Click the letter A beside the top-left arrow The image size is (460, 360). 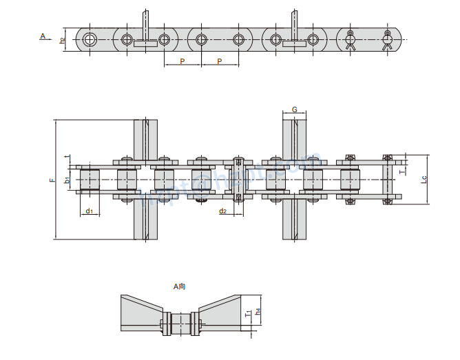click(43, 35)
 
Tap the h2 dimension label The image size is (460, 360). click(62, 40)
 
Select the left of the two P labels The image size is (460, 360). click(182, 62)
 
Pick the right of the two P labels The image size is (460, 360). click(220, 62)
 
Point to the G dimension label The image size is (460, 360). click(294, 109)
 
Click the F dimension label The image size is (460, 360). click(51, 180)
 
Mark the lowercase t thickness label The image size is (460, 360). click(66, 157)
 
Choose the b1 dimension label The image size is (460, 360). click(67, 180)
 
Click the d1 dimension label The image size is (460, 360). click(89, 211)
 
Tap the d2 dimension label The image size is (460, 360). click(223, 211)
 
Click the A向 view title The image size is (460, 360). click(180, 286)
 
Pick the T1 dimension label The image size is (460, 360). click(248, 313)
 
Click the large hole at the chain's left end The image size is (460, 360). click(90, 39)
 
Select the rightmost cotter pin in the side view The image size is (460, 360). click(387, 41)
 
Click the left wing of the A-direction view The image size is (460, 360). click(141, 314)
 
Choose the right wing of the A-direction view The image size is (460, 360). click(221, 314)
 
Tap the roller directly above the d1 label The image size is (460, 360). click(90, 180)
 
